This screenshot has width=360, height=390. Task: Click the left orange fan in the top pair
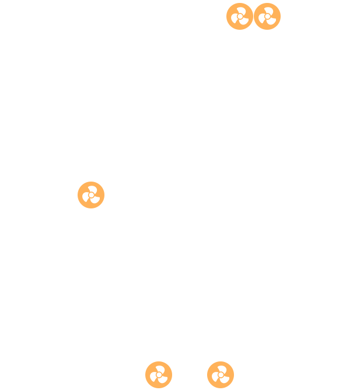(x=240, y=16)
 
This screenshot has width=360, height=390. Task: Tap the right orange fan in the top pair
(x=267, y=16)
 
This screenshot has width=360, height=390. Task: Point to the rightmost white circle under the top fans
(x=255, y=43)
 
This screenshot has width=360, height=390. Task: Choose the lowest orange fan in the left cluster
(x=91, y=195)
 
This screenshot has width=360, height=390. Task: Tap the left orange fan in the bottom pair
(x=159, y=375)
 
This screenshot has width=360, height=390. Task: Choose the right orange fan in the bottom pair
(x=221, y=375)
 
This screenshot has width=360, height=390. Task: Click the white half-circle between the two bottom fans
(x=200, y=375)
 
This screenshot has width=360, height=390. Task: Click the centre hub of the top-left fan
(x=240, y=16)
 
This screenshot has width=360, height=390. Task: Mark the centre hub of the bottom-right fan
(x=221, y=375)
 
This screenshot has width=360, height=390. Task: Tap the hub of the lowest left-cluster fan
(x=91, y=195)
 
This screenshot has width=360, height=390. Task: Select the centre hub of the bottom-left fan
(x=159, y=375)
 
